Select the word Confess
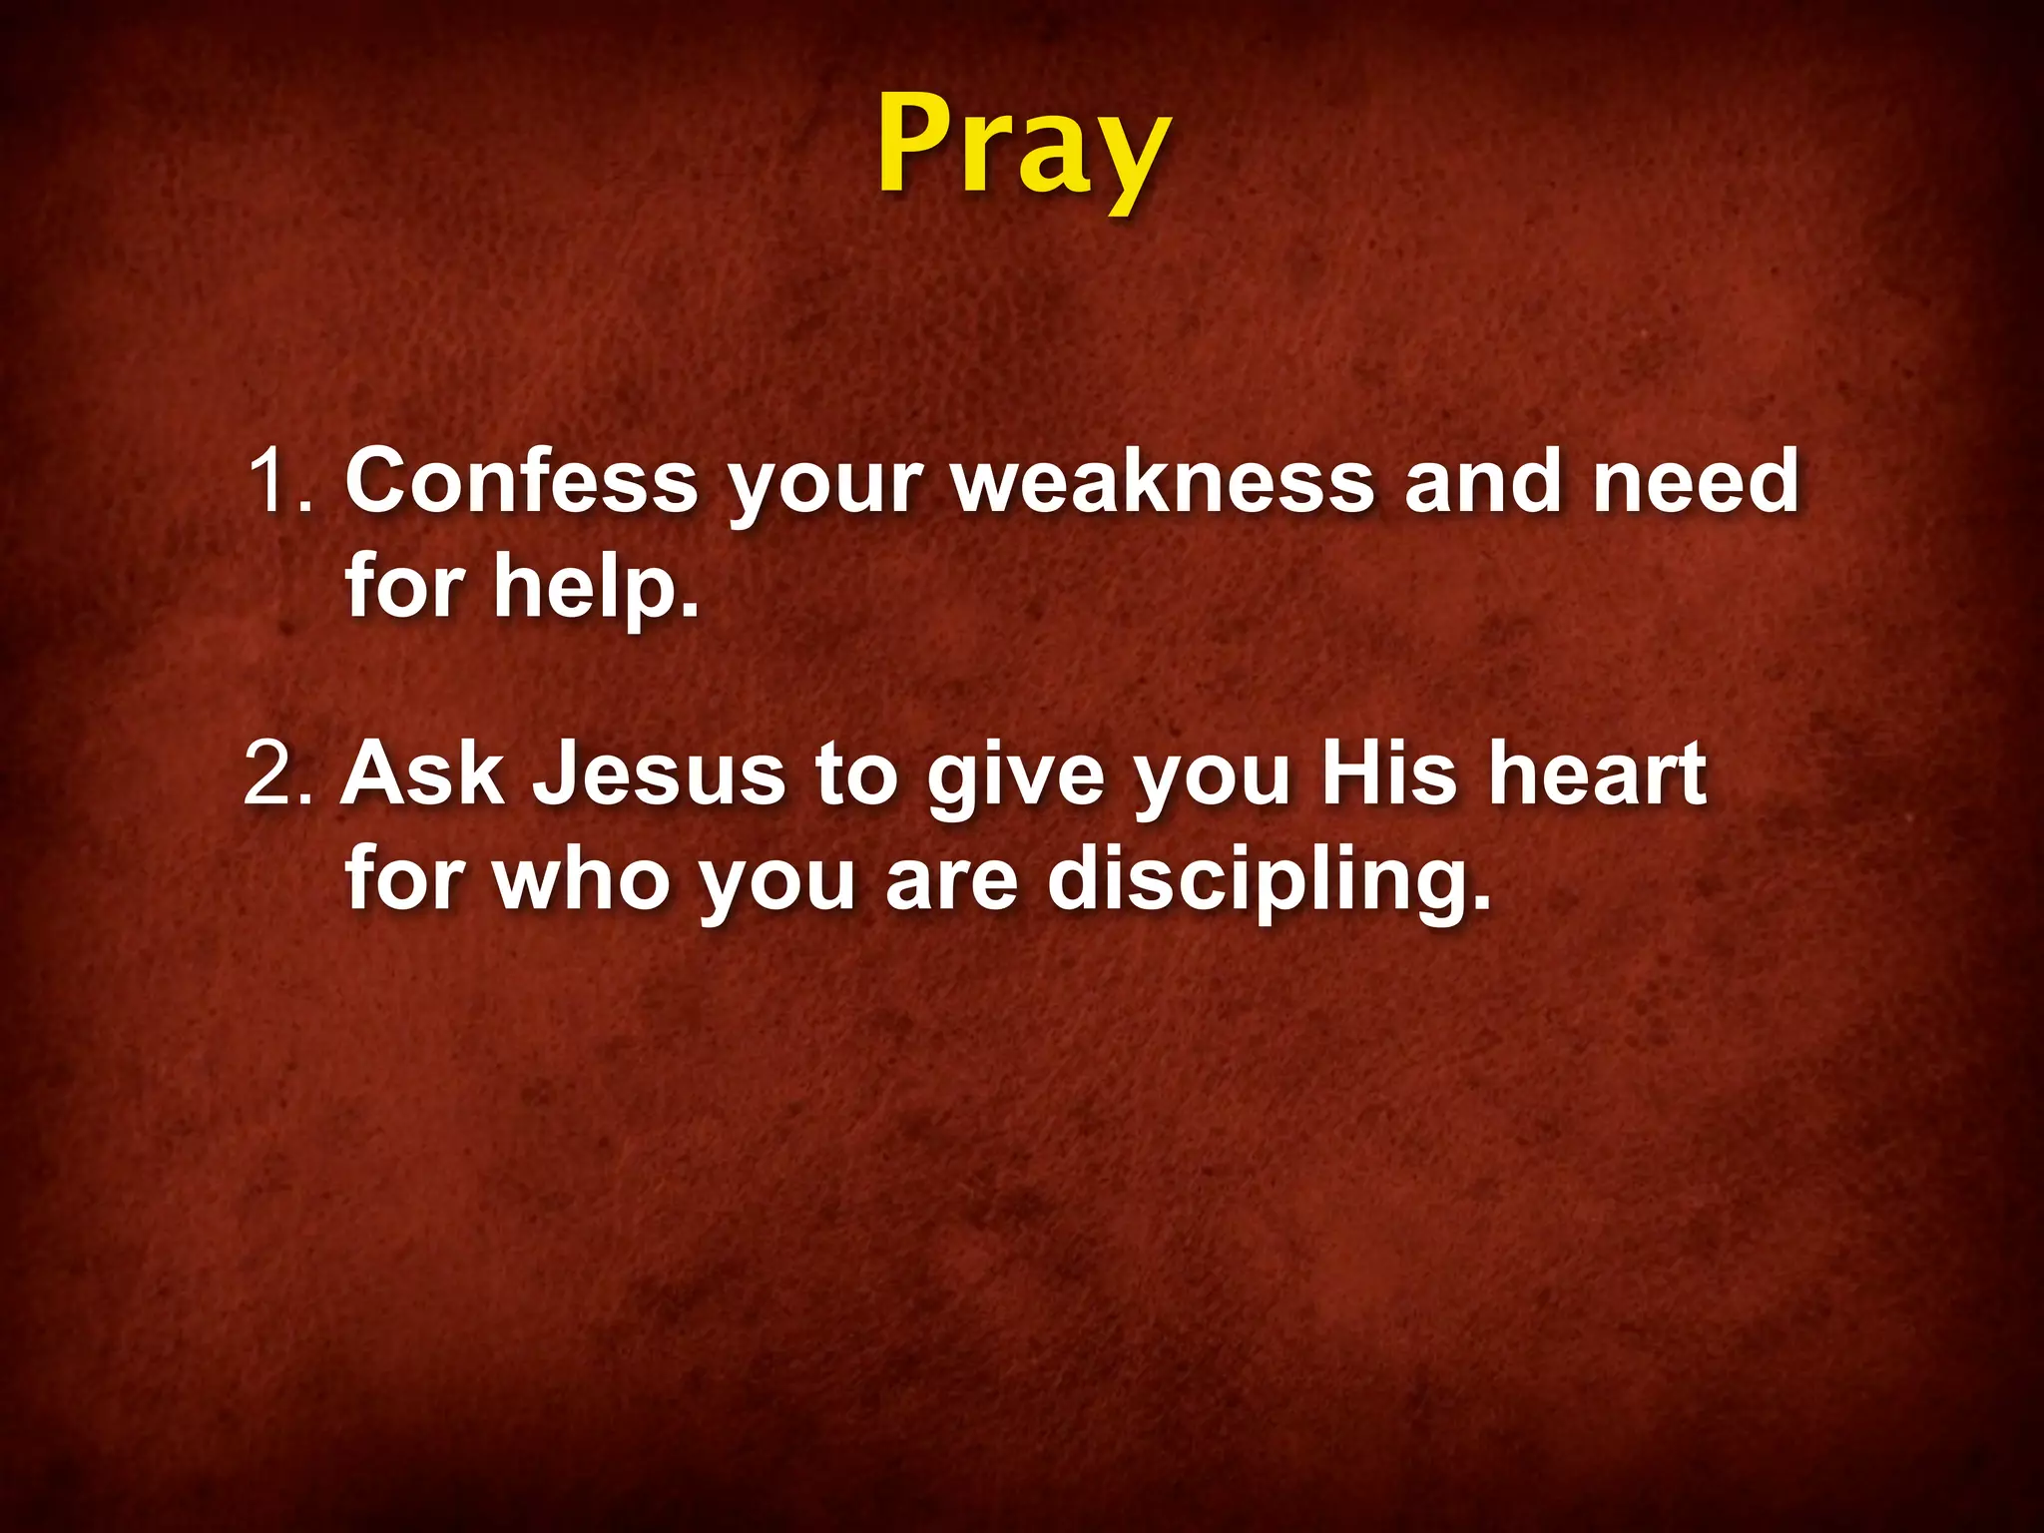pos(521,481)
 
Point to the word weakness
pos(1163,481)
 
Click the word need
pos(1696,481)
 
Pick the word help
pos(595,587)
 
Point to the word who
pos(581,878)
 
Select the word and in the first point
pos(1483,481)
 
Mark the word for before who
pos(405,878)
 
